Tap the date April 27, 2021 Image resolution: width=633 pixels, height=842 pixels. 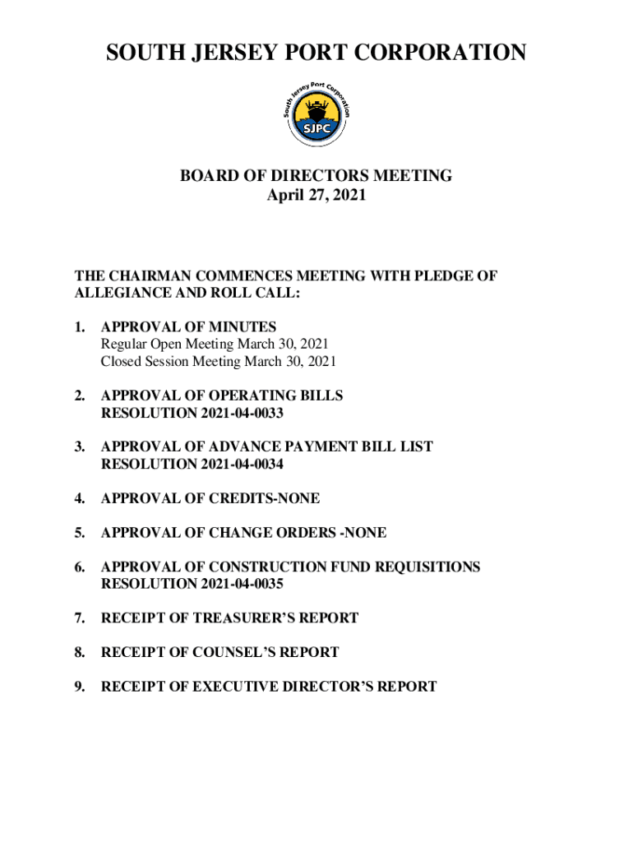316,196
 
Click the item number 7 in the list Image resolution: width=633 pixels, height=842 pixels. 80,618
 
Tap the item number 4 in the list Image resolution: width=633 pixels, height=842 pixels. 80,499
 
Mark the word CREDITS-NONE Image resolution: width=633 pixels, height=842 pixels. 267,499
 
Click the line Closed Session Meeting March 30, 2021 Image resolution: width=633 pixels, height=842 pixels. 219,362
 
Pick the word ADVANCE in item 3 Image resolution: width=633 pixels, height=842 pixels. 243,447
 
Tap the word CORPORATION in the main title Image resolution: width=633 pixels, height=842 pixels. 429,53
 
